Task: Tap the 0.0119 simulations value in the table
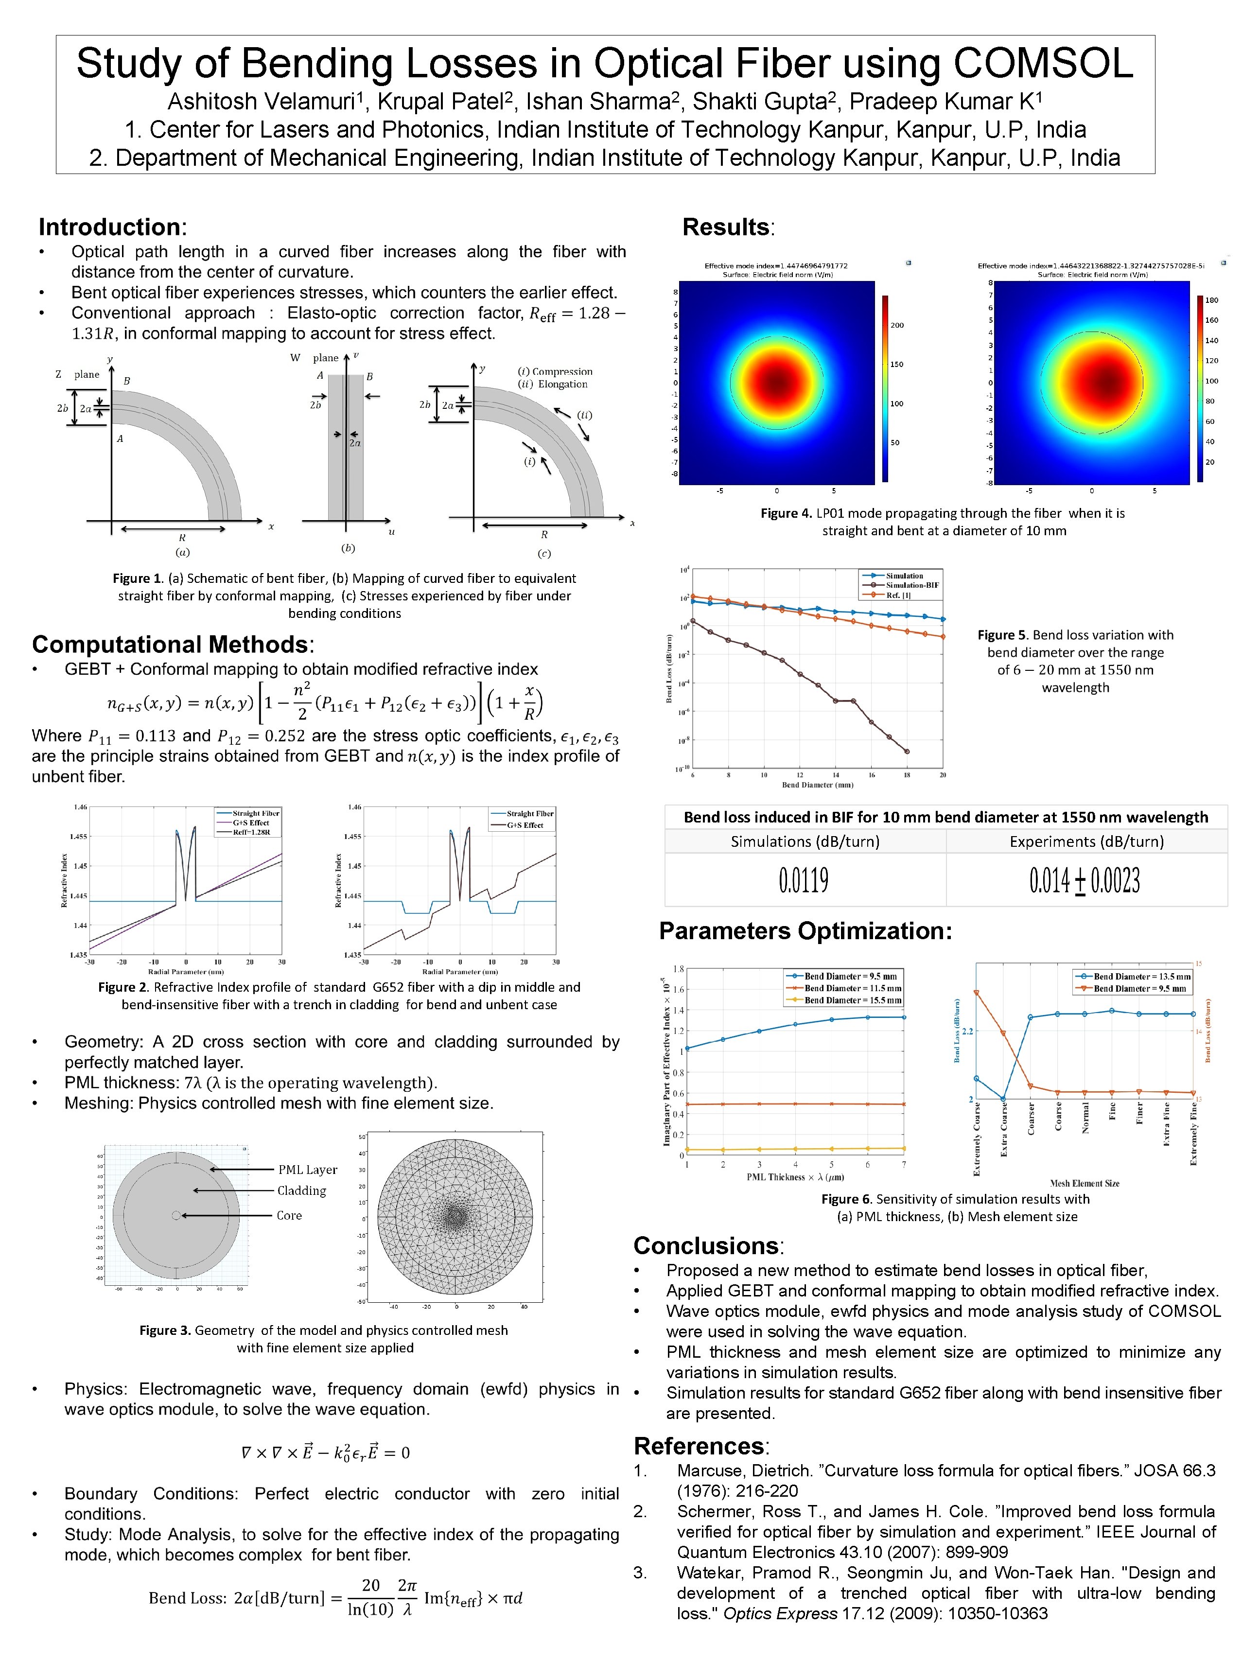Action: click(804, 880)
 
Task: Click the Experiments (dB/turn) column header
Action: click(1086, 841)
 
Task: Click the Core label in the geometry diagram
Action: click(289, 1215)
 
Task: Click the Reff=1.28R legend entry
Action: click(251, 832)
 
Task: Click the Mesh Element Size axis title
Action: click(1084, 1183)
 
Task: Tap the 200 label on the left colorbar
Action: click(897, 325)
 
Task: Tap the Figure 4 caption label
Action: click(786, 513)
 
